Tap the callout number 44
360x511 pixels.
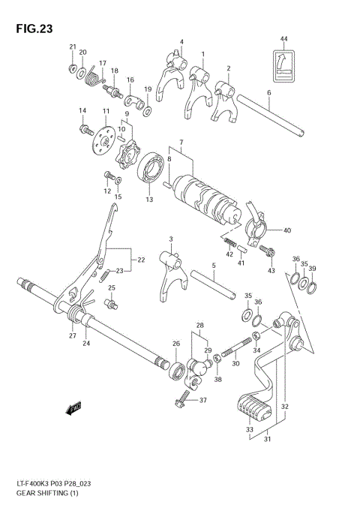click(x=283, y=38)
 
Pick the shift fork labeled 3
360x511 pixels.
click(x=169, y=270)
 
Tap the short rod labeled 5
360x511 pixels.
click(x=214, y=283)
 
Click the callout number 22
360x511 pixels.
click(x=141, y=260)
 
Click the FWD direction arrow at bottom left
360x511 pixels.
click(x=74, y=409)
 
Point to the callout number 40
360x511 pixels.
click(x=286, y=230)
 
